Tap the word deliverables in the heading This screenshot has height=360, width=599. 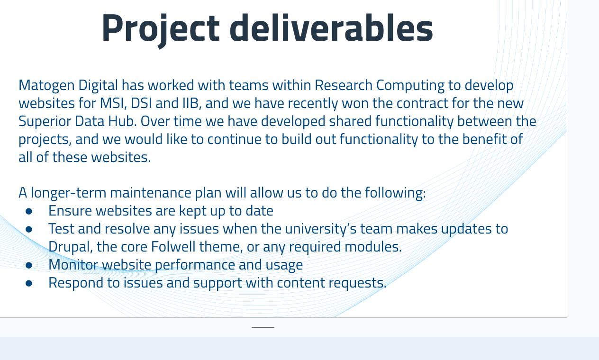point(331,27)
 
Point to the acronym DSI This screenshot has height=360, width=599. point(141,103)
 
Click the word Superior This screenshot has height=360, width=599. point(45,122)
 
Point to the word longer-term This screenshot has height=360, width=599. point(68,193)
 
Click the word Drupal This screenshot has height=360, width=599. point(71,247)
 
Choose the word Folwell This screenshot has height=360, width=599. point(173,246)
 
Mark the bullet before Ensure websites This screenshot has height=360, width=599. point(29,211)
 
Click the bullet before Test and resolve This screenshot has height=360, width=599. point(29,229)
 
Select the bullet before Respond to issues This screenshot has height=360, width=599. point(29,283)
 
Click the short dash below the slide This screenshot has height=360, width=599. point(263,327)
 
